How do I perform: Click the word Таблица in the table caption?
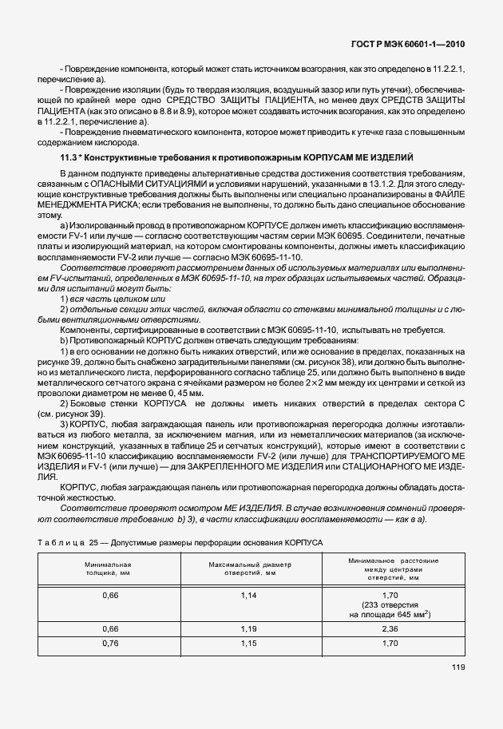point(61,543)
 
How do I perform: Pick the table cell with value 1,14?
point(251,596)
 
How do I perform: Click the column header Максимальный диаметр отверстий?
point(251,569)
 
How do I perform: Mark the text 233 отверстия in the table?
point(390,604)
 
